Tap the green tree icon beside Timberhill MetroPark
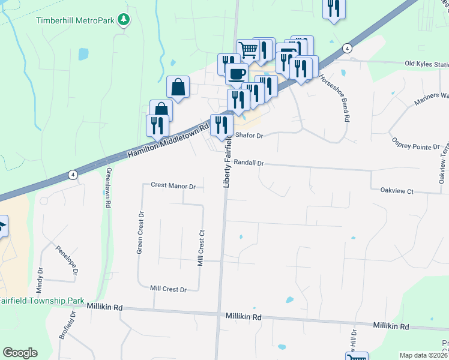124,19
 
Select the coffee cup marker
237,74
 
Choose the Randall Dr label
249,163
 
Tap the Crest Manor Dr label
173,186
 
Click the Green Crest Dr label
140,232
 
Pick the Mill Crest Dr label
169,289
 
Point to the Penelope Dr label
67,259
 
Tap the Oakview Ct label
397,191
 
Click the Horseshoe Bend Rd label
334,98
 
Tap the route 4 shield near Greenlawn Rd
72,175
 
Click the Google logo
20,353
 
